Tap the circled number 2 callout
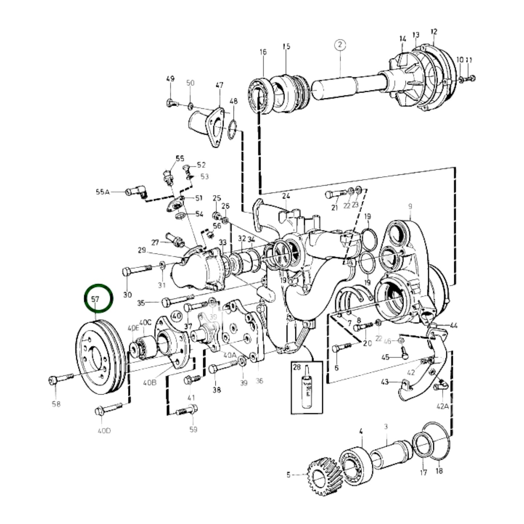[340, 45]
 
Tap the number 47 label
[219, 85]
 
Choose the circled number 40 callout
[177, 316]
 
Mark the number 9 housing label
[410, 206]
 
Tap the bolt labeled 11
[470, 78]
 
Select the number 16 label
[263, 52]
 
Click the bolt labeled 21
[336, 194]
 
